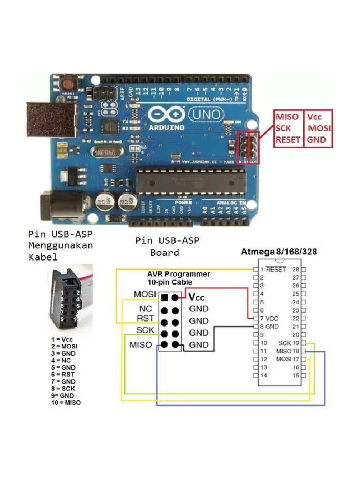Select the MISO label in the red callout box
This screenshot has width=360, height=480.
click(x=286, y=117)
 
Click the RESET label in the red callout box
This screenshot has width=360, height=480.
click(x=288, y=140)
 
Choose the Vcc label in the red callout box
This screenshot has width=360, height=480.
click(x=315, y=117)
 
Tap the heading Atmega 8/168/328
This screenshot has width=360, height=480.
click(x=279, y=252)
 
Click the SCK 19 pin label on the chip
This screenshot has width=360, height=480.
click(x=289, y=343)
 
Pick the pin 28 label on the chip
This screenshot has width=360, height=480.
click(x=296, y=270)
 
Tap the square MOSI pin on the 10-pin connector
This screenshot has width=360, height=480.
click(x=165, y=297)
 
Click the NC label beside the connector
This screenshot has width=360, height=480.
click(x=145, y=309)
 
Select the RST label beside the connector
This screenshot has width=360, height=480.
click(x=144, y=319)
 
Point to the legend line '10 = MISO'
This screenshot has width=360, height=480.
click(x=66, y=402)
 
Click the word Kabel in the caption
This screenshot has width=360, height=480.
click(x=43, y=257)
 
